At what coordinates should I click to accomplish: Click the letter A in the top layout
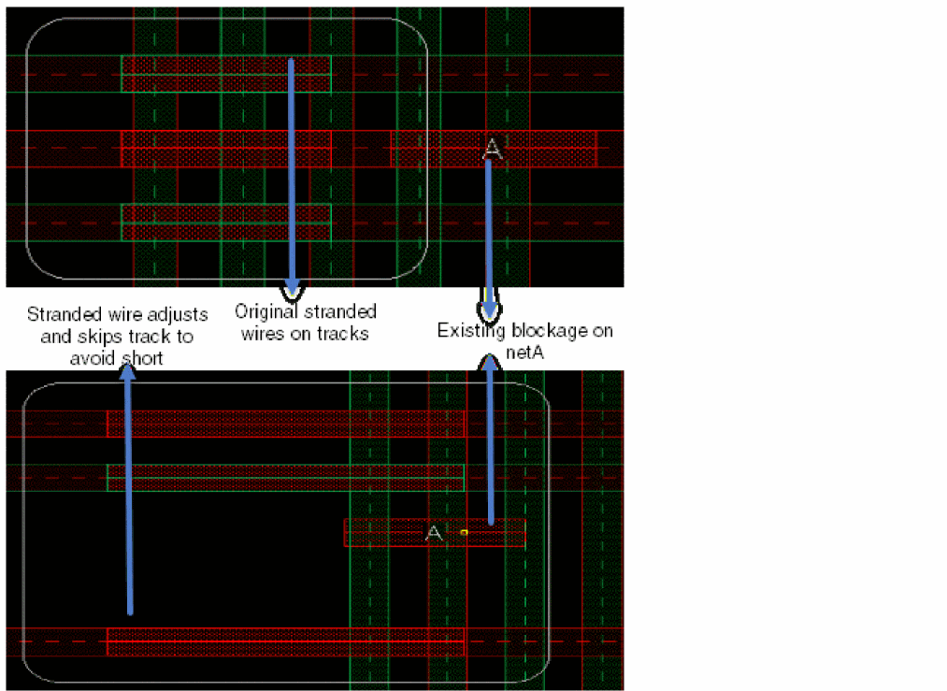(x=493, y=149)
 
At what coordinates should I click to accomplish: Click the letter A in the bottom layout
(x=434, y=533)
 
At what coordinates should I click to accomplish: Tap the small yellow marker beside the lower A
(x=464, y=532)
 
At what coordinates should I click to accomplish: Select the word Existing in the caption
(x=472, y=331)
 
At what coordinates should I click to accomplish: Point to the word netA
(x=524, y=353)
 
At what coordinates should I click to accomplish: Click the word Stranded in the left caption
(x=64, y=314)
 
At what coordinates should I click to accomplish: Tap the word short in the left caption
(x=141, y=358)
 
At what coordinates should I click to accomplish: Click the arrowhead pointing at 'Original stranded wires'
(x=293, y=289)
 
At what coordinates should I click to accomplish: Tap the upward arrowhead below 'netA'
(x=489, y=364)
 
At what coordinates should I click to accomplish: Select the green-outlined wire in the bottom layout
(x=286, y=478)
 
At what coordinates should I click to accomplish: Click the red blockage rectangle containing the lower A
(x=435, y=533)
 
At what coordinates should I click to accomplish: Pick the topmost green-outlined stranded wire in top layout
(x=226, y=74)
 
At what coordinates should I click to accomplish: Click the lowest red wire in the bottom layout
(x=286, y=641)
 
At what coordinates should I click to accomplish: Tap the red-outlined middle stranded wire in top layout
(x=226, y=149)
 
